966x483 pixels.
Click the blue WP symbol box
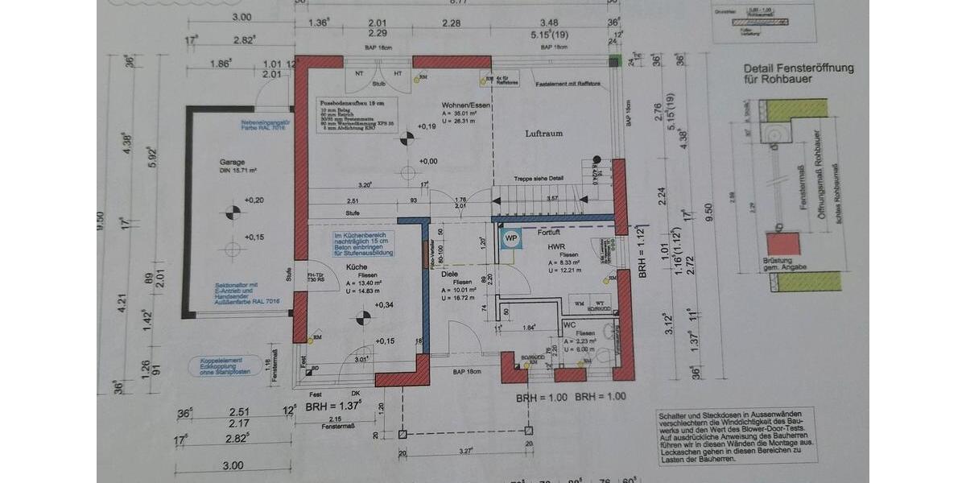(510, 238)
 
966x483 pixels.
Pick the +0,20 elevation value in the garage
(254, 200)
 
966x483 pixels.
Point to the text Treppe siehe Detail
(540, 179)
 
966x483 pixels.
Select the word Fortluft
(548, 232)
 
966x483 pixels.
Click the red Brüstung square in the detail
(779, 244)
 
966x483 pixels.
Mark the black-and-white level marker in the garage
(233, 213)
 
